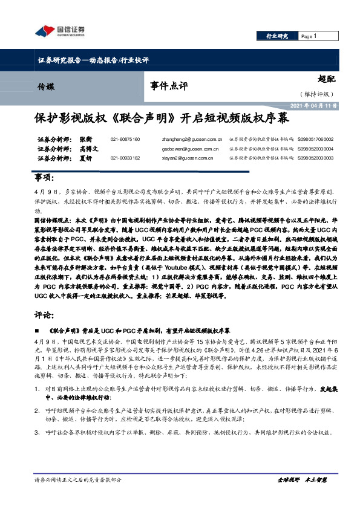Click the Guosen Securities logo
tap(59, 31)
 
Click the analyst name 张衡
tap(86, 139)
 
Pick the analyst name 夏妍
tap(86, 158)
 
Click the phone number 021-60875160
tap(125, 139)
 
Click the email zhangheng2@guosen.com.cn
tap(193, 139)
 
